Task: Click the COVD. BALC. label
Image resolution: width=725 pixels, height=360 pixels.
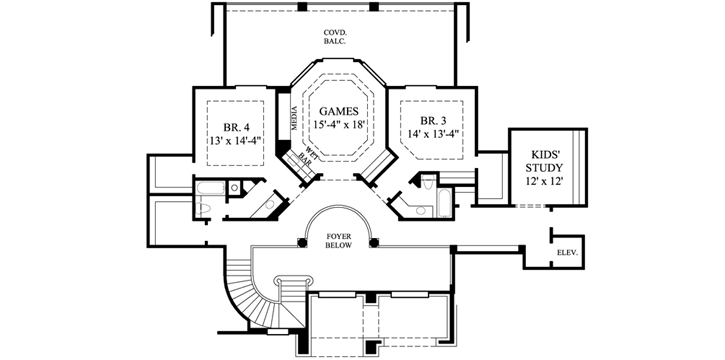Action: pos(335,38)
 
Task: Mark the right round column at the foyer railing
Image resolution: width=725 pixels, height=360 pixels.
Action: pos(372,242)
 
